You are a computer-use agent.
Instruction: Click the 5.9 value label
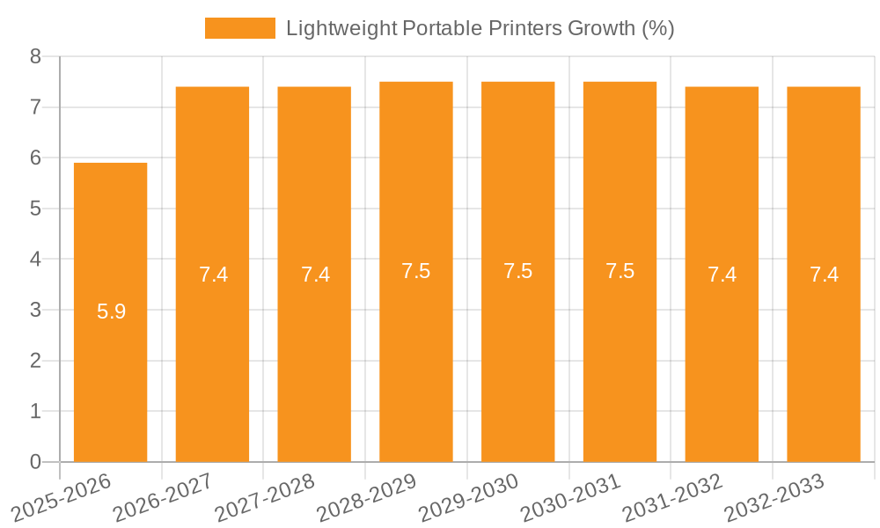pos(111,311)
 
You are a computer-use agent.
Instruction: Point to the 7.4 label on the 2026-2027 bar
pos(213,275)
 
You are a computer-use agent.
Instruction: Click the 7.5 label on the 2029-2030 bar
pos(517,271)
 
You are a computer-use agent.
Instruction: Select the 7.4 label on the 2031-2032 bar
pos(722,275)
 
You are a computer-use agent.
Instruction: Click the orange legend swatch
pos(239,28)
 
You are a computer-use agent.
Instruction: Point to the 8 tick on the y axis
pos(36,57)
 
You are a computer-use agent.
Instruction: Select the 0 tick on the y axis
pos(36,462)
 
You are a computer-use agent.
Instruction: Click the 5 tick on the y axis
pos(36,209)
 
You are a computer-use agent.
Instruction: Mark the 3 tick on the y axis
pos(36,311)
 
